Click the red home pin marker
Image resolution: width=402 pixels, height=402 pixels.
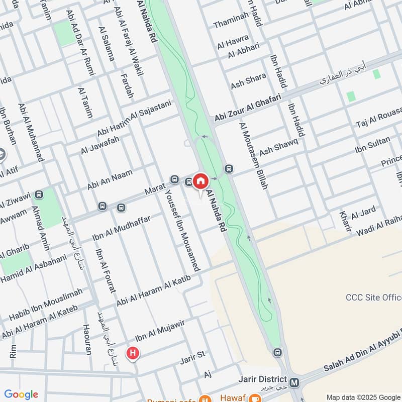200,181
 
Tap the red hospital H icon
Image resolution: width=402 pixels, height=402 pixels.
133,354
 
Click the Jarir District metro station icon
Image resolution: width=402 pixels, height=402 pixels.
294,382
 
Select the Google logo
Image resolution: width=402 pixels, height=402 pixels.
21,394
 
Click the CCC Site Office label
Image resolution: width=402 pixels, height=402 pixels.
373,297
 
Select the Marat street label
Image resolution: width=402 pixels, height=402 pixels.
155,189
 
